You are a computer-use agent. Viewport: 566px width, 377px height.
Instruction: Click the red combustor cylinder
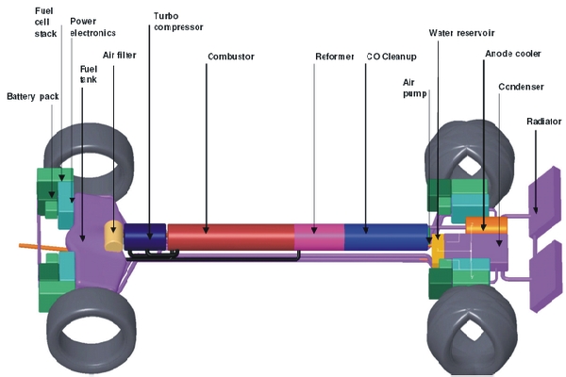[231, 237]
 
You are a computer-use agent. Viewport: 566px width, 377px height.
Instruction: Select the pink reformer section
[319, 237]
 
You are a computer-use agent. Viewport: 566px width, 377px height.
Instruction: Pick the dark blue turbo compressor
[144, 235]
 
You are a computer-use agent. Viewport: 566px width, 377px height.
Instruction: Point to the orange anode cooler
[487, 225]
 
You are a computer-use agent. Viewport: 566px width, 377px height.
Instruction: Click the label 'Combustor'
[231, 57]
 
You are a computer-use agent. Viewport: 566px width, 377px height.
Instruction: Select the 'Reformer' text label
[334, 57]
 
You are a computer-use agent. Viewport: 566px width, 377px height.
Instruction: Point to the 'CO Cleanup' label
[391, 57]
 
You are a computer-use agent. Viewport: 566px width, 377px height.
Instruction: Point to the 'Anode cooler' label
[511, 54]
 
